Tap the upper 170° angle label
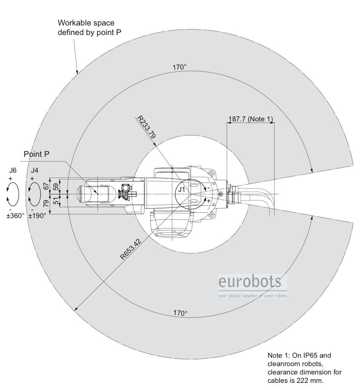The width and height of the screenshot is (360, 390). point(180,67)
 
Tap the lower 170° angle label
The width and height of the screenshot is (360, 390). point(180,313)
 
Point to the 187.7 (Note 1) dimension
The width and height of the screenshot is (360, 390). point(250,119)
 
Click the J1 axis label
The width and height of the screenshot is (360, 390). point(182,189)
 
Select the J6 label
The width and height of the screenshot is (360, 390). point(13,170)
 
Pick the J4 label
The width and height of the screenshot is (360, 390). point(35,170)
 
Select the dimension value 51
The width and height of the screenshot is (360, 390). point(56,201)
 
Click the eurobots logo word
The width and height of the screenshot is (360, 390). point(249,282)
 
